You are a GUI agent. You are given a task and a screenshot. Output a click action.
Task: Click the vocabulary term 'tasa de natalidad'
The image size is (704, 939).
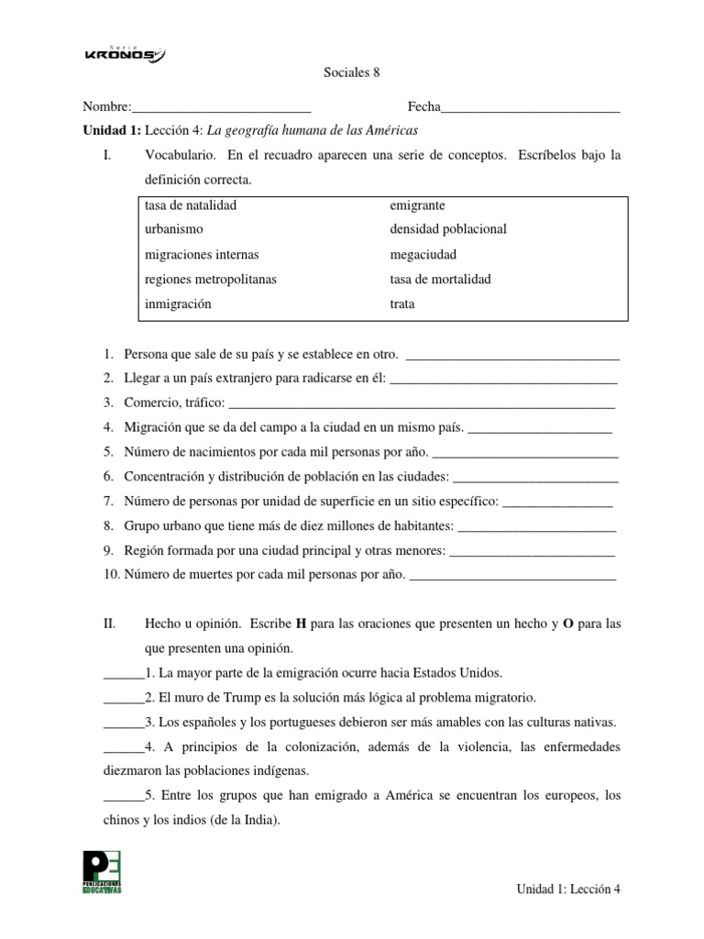point(191,204)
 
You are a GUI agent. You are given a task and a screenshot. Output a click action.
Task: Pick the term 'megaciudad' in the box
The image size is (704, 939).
point(423,254)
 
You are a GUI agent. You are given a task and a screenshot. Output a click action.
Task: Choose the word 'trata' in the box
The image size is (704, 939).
point(402,304)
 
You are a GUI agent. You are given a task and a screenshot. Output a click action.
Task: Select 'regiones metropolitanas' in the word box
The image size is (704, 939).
point(210,279)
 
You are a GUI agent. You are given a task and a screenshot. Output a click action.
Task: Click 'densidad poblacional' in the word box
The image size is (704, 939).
point(448,229)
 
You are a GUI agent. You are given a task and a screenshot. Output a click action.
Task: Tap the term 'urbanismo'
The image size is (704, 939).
point(173,229)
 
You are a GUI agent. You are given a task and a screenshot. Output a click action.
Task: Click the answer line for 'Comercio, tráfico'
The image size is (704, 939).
point(421,404)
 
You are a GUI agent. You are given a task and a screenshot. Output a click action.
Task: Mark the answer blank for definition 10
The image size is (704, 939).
point(512,578)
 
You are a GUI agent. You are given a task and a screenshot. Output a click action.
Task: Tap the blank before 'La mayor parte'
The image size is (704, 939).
point(124,673)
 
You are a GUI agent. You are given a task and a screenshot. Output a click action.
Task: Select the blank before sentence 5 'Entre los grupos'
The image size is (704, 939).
point(124,797)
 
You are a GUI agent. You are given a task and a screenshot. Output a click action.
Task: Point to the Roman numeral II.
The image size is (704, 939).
point(110,624)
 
